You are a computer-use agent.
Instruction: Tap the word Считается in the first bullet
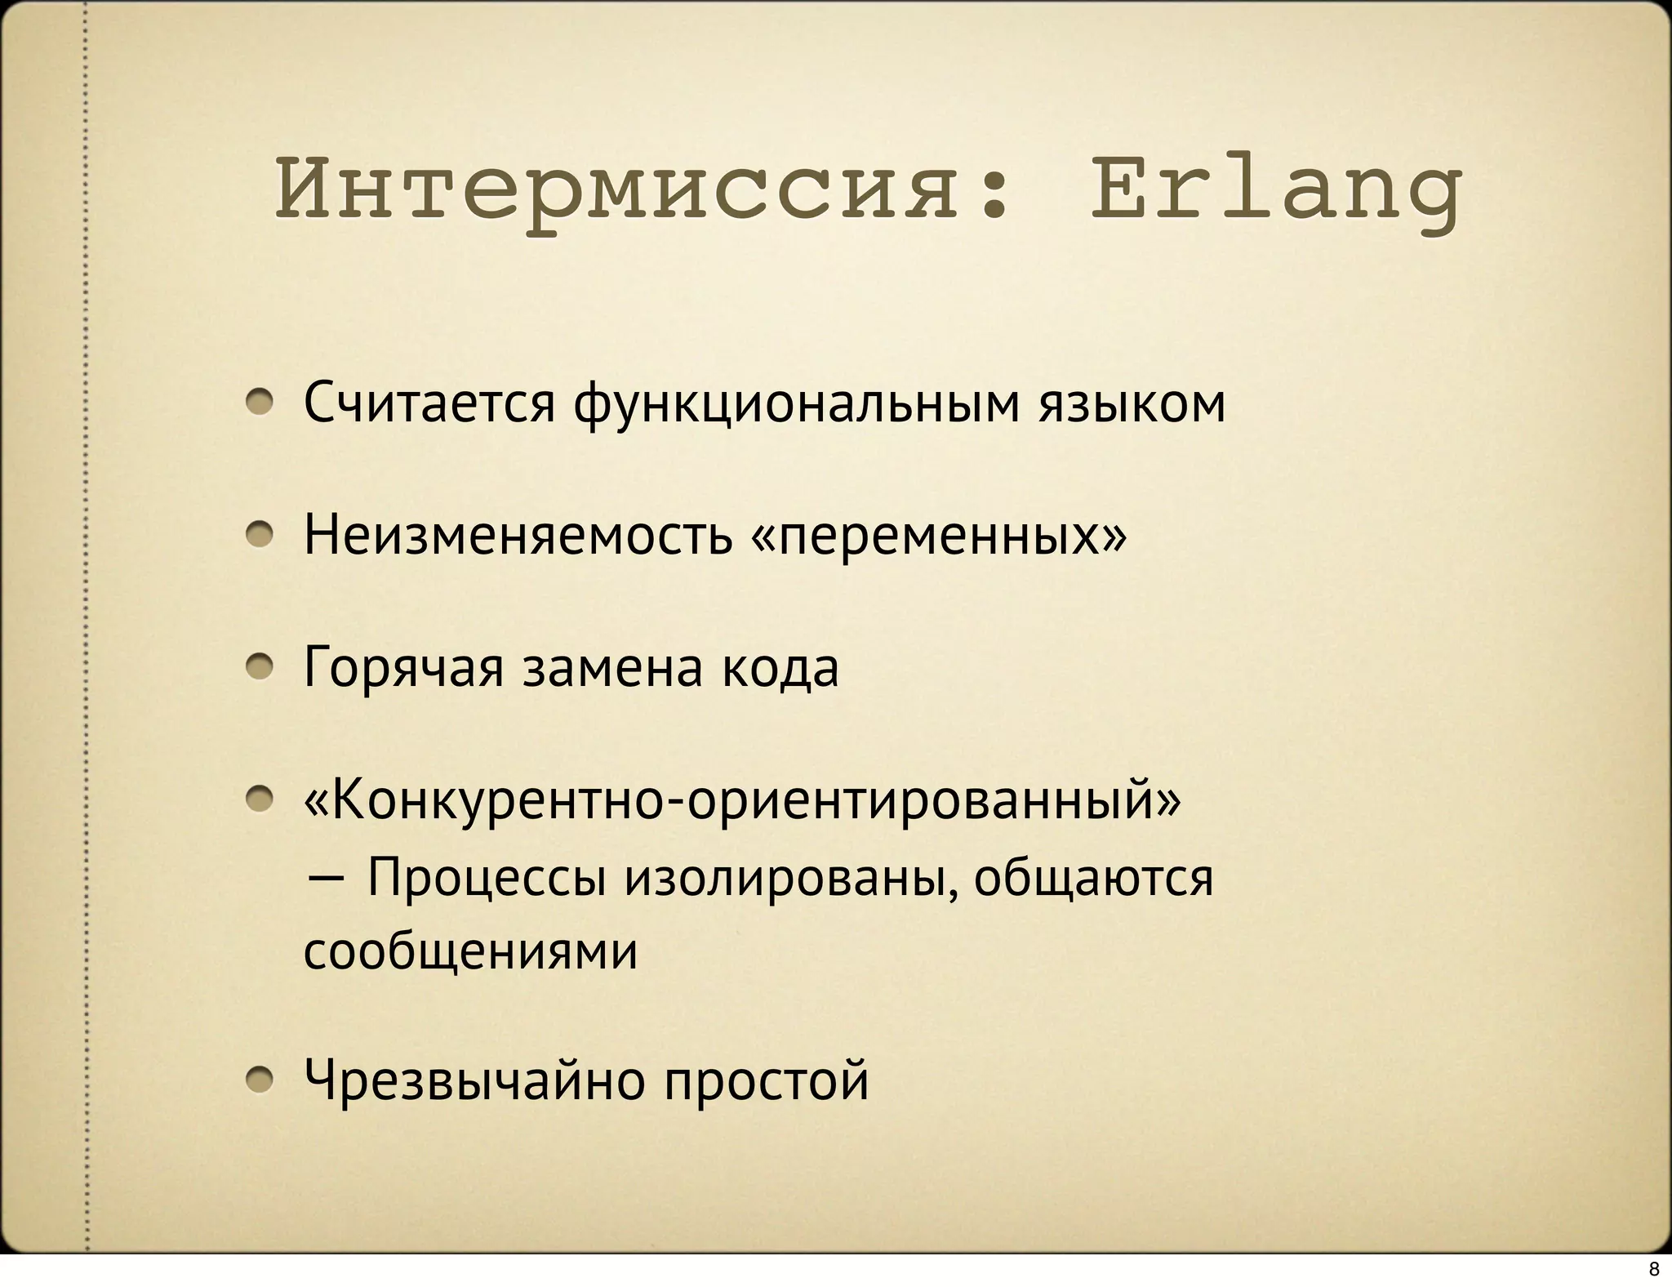[429, 403]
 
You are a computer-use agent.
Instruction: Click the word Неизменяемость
[518, 535]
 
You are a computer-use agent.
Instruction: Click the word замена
[612, 668]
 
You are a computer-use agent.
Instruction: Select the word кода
[780, 668]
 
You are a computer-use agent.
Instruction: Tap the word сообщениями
[471, 951]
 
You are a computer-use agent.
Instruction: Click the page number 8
[1654, 1270]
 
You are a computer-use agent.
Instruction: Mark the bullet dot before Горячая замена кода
[260, 668]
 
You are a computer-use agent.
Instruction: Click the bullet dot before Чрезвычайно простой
[260, 1080]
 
